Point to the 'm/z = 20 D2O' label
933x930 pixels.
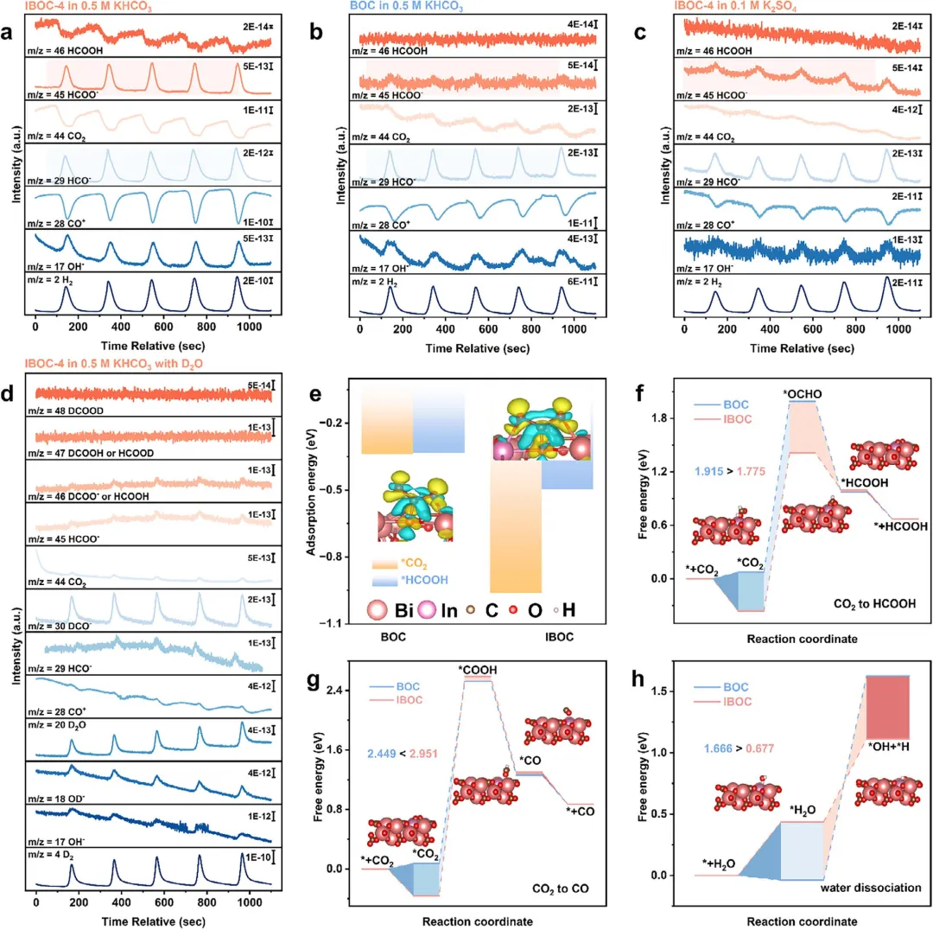(67, 719)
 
